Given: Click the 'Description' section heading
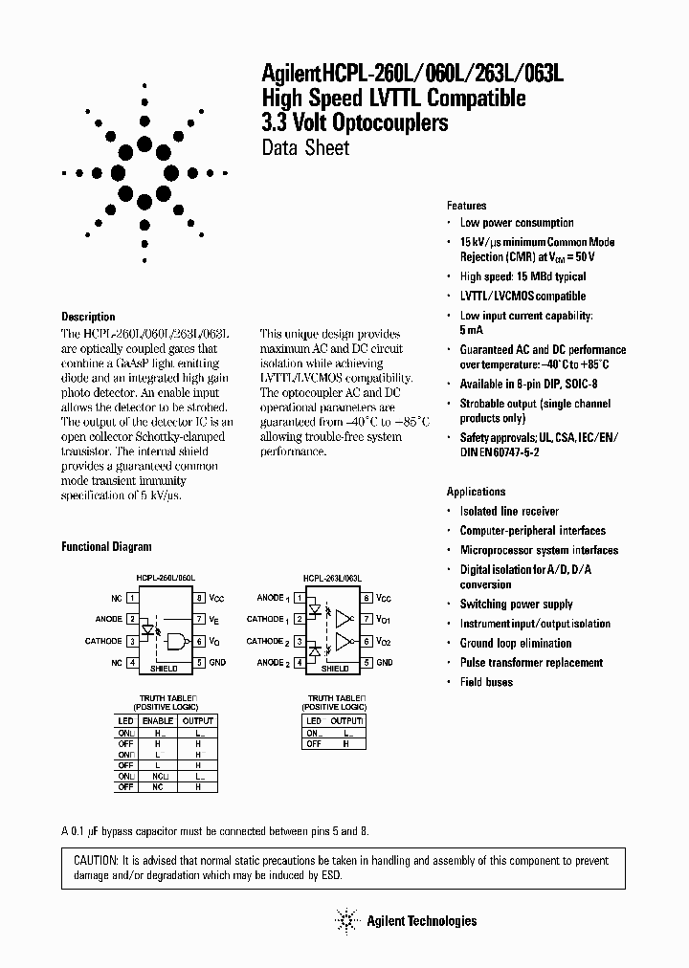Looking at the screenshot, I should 88,317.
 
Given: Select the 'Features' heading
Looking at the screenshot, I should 467,206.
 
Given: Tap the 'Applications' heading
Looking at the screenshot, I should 476,492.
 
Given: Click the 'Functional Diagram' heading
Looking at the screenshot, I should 106,547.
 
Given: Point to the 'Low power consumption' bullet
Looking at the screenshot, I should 517,223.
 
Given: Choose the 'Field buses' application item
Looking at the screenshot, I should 486,682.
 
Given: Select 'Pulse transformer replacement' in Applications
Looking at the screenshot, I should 531,663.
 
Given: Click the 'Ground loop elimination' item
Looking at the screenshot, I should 516,644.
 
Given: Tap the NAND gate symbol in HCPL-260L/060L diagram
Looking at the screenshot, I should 178,640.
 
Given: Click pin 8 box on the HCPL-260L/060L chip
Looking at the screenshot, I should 200,598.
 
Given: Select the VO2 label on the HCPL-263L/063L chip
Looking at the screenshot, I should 384,641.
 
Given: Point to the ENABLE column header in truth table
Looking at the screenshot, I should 158,719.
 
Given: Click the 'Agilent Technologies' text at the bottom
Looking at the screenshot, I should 421,921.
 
